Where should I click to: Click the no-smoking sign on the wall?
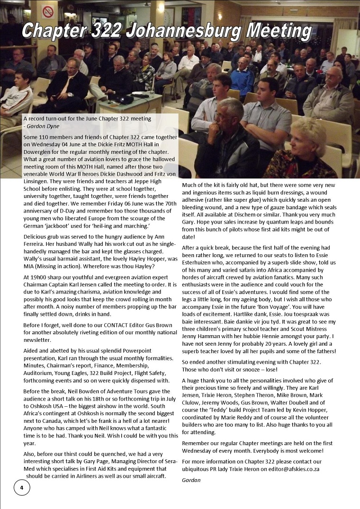(48, 11)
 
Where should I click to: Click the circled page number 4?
(21, 487)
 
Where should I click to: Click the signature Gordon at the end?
(192, 480)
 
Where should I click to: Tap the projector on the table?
(126, 99)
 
